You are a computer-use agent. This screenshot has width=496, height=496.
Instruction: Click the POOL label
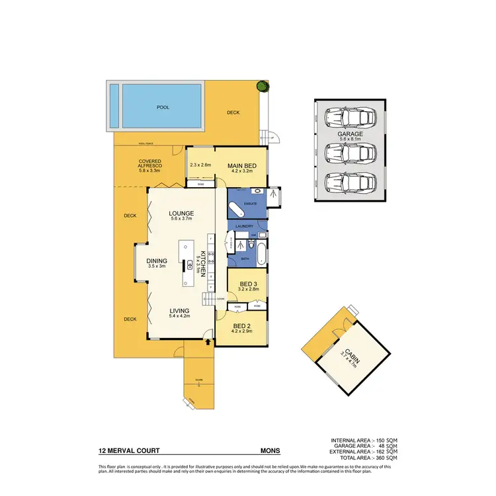pyautogui.click(x=163, y=106)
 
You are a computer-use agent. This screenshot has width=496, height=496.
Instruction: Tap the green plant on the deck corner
pyautogui.click(x=263, y=85)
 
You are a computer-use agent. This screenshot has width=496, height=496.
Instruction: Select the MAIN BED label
pyautogui.click(x=241, y=165)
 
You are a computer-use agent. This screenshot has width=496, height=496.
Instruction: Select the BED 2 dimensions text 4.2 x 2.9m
pyautogui.click(x=241, y=333)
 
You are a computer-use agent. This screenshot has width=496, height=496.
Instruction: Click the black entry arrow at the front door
pyautogui.click(x=209, y=342)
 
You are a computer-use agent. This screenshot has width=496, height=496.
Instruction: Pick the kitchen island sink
pyautogui.click(x=189, y=265)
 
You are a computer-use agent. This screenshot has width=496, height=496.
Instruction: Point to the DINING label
pyautogui.click(x=157, y=261)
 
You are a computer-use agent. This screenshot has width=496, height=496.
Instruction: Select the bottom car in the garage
pyautogui.click(x=350, y=181)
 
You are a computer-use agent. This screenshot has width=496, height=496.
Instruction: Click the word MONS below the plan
pyautogui.click(x=270, y=451)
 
